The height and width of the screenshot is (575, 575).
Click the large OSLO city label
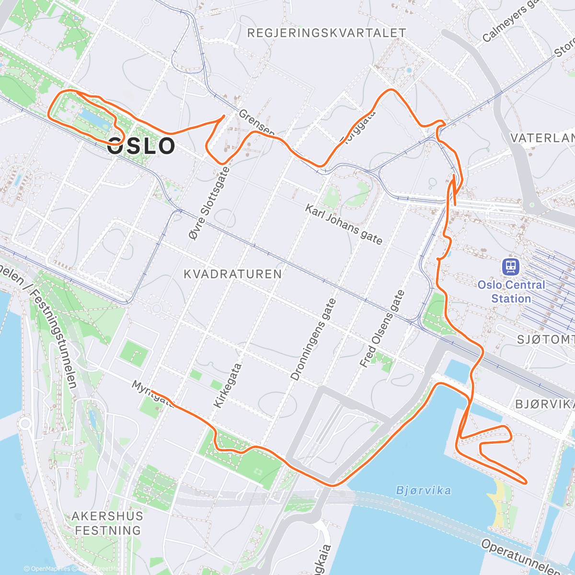point(141,146)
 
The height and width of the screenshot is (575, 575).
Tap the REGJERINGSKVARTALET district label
point(327,33)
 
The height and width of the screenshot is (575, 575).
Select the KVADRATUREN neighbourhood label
point(233,274)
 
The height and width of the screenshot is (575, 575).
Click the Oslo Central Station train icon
point(511,267)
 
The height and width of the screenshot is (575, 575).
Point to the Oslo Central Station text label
point(511,292)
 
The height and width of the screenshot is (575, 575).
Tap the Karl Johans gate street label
point(344,224)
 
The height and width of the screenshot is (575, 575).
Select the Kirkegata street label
point(227,386)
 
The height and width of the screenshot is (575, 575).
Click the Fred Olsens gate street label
point(382,329)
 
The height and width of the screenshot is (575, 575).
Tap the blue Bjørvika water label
point(424,491)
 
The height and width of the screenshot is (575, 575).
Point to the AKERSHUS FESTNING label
point(108,523)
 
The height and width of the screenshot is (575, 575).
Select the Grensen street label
point(256,123)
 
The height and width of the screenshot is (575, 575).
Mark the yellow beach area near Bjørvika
point(499,503)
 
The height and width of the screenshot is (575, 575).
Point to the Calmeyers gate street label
point(510,22)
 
